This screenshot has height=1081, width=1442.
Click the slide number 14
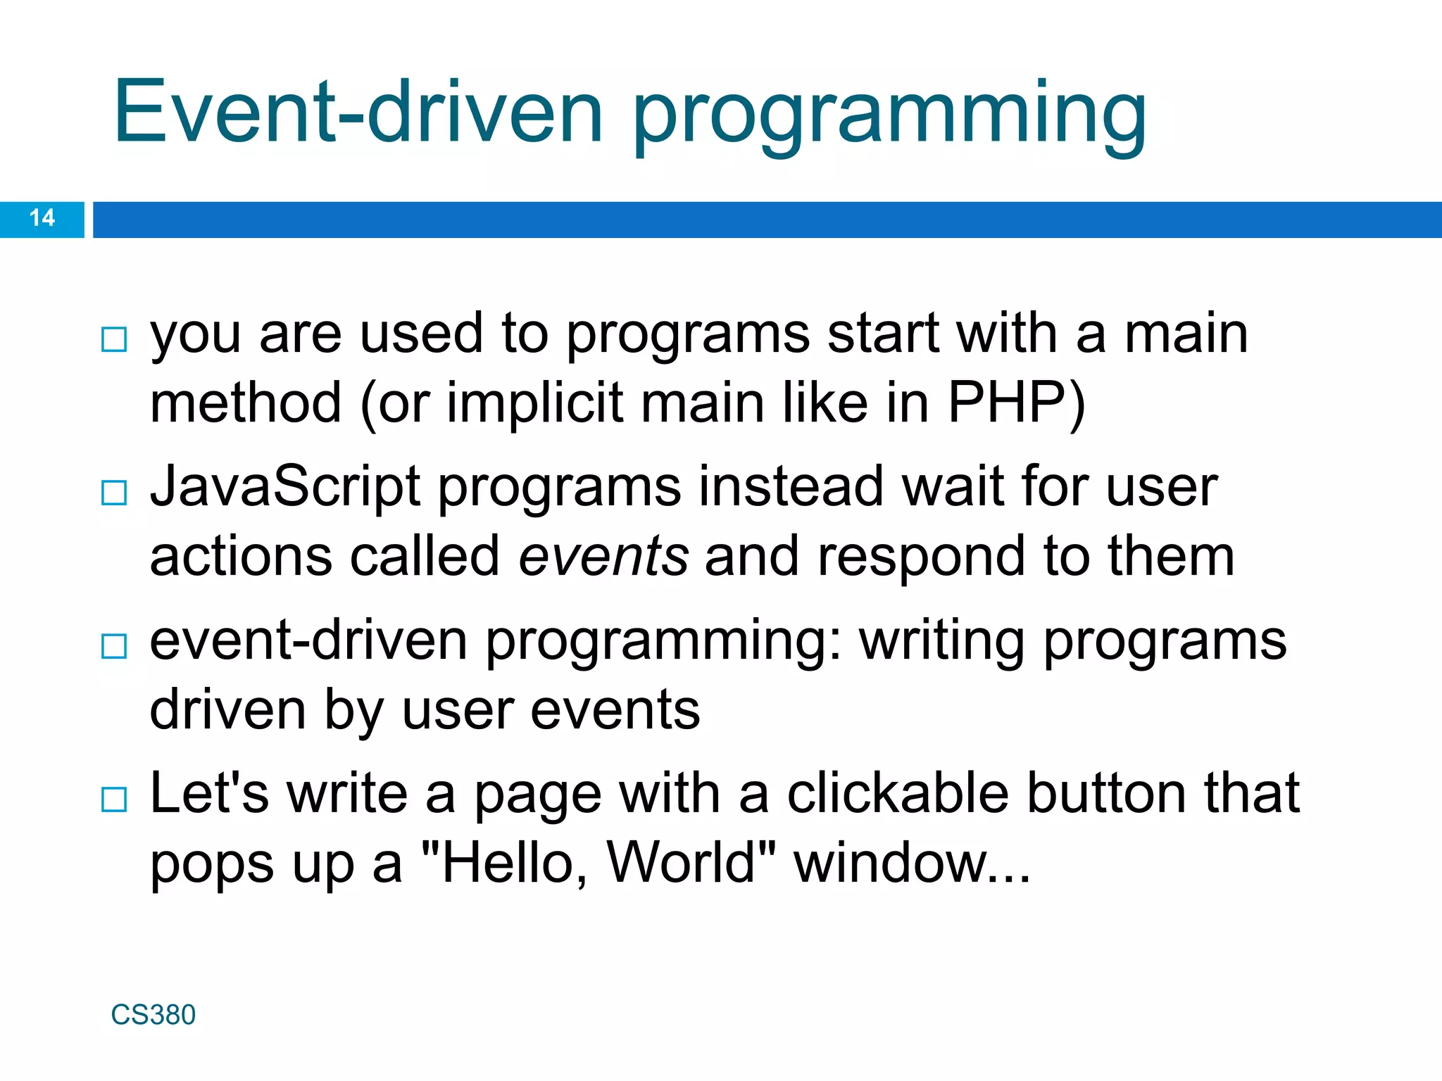pos(42,218)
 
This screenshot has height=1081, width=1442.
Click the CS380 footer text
pos(153,1015)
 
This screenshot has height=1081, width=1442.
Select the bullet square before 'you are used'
pos(114,339)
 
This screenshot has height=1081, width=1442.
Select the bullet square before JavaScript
pos(114,493)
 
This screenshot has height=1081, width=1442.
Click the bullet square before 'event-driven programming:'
pos(114,646)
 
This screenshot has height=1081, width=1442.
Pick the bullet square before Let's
pos(114,799)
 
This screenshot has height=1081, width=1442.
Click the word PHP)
pos(1016,403)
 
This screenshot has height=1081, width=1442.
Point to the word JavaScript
pos(285,487)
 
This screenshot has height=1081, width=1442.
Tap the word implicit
pos(534,403)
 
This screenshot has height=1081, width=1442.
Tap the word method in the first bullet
pos(246,403)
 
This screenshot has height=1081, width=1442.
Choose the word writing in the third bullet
pos(941,643)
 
